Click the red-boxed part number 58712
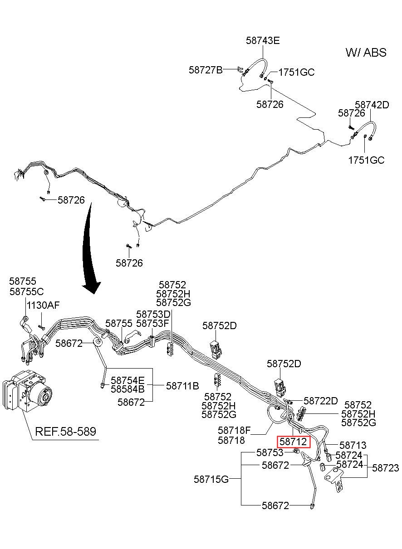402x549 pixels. [293, 442]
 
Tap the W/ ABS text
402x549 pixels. [366, 53]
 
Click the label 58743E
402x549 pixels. [263, 40]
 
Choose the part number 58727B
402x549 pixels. [206, 70]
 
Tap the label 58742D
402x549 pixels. [372, 105]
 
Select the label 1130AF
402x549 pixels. [43, 306]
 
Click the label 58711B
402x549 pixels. [182, 386]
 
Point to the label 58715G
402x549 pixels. [211, 479]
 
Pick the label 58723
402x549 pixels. [385, 468]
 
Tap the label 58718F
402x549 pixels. [234, 430]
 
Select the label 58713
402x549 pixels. [353, 445]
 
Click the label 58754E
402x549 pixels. [127, 380]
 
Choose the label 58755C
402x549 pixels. [26, 292]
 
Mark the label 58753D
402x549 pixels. [153, 315]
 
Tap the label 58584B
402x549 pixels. [127, 389]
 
